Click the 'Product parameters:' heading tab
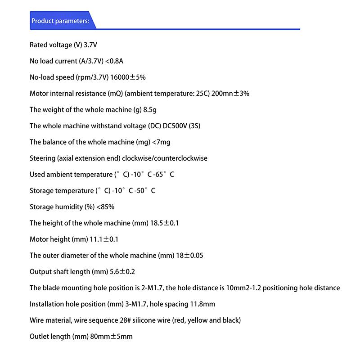[x=61, y=21]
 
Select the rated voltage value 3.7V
[x=91, y=45]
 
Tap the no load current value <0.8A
[x=114, y=61]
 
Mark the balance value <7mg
[x=161, y=142]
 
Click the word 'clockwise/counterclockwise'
[x=165, y=158]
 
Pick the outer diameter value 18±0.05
[x=189, y=256]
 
